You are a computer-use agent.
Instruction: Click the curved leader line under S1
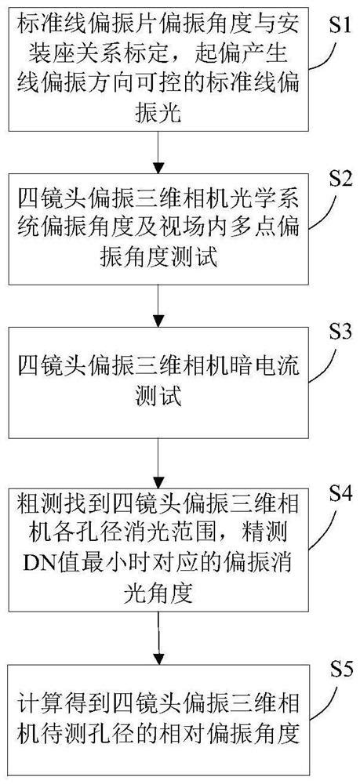click(329, 47)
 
